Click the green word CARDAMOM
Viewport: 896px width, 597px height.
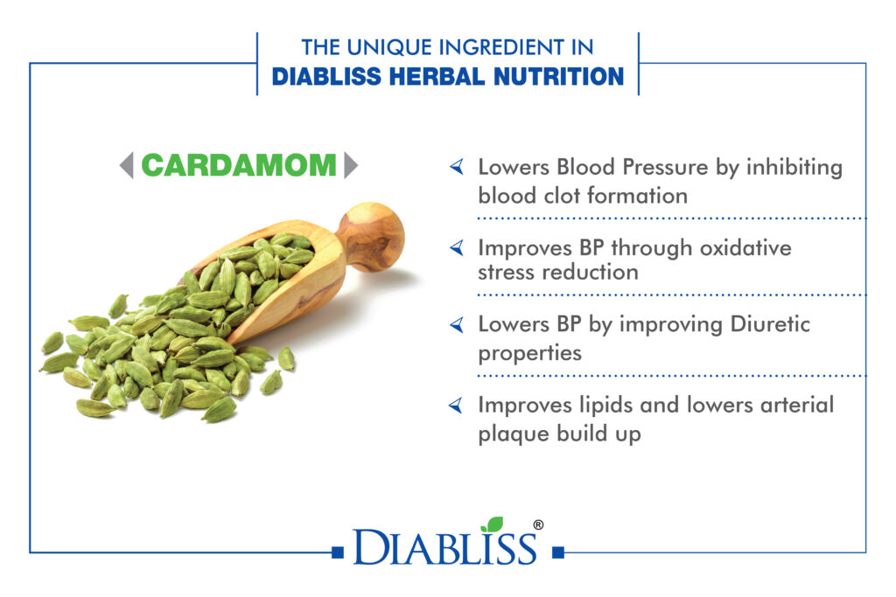[x=239, y=165]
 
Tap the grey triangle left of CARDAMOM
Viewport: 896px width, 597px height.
[x=128, y=165]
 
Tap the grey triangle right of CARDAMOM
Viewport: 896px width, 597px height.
[x=350, y=165]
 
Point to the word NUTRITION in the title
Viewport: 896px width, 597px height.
[x=558, y=76]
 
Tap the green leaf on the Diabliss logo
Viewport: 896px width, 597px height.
[x=493, y=524]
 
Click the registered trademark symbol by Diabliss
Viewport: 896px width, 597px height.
[x=538, y=525]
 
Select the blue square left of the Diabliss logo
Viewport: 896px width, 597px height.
[x=338, y=552]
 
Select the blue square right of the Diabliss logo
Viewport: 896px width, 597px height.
[x=558, y=552]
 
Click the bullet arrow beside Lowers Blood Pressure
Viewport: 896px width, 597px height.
[x=457, y=167]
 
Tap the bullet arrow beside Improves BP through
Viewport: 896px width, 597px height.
[x=457, y=247]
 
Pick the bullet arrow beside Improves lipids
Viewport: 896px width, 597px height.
[x=457, y=406]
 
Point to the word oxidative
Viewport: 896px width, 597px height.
[x=745, y=247]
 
